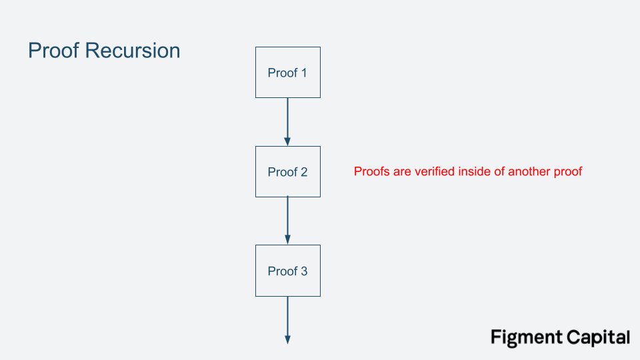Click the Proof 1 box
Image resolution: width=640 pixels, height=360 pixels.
[x=287, y=72]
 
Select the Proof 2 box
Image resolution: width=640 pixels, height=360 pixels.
[x=287, y=171]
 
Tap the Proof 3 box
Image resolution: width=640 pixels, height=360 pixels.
[x=287, y=271]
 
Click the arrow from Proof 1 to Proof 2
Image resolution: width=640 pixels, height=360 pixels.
[x=287, y=120]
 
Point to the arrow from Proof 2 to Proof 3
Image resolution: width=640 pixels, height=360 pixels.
[x=287, y=219]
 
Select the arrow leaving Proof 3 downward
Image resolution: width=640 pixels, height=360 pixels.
[x=287, y=319]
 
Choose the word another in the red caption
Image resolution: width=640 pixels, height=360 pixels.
[x=529, y=172]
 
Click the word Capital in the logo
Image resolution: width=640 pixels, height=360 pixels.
[x=595, y=337]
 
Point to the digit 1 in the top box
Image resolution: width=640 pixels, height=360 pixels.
[x=304, y=73]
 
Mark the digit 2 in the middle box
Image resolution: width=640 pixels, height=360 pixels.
[x=304, y=172]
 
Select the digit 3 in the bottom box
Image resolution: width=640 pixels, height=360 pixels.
[x=304, y=271]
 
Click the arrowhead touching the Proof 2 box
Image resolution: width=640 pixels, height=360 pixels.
[x=287, y=141]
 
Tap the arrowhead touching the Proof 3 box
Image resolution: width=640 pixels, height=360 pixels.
[x=287, y=240]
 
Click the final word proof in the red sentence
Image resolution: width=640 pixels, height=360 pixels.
[x=567, y=172]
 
